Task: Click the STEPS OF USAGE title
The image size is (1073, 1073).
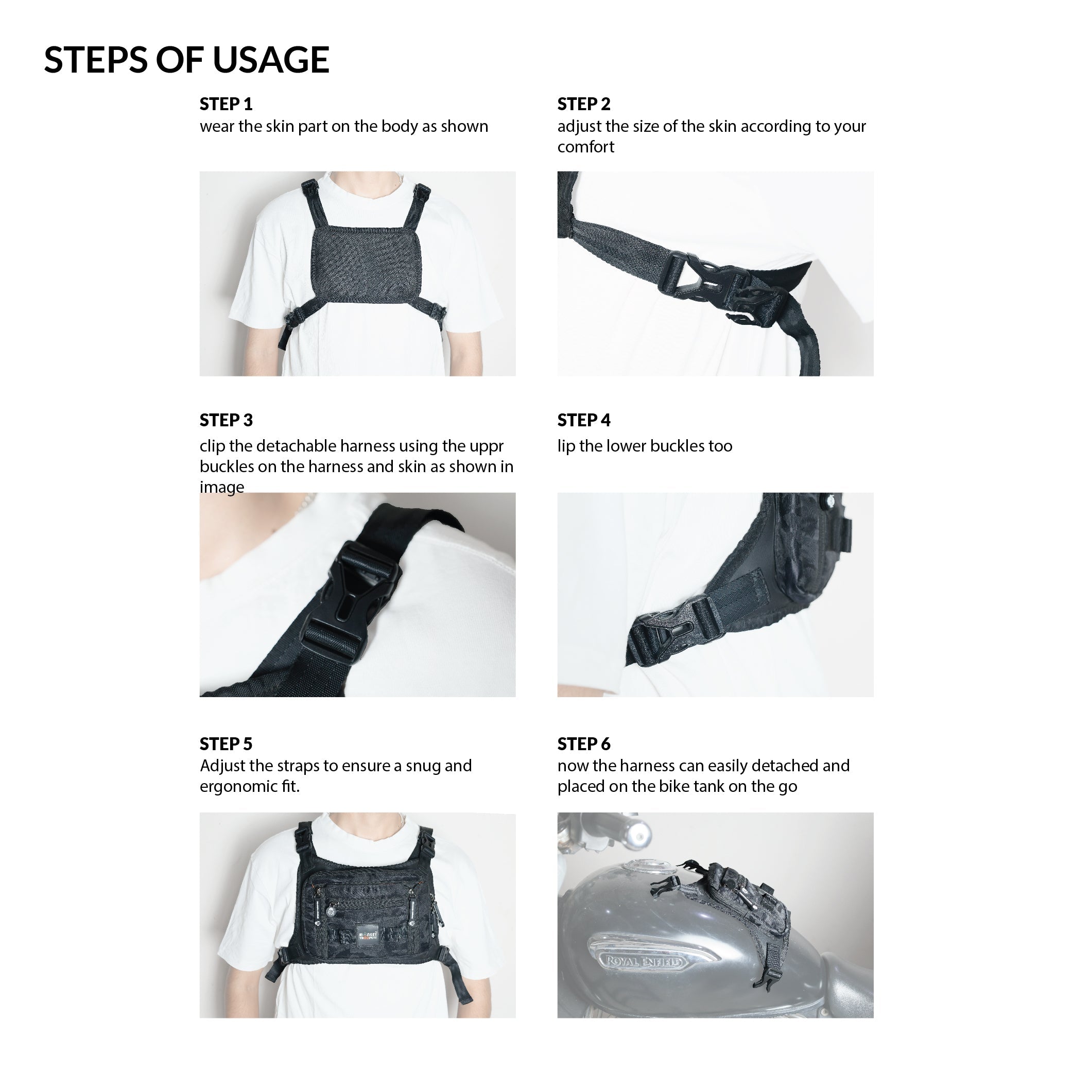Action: coord(186,59)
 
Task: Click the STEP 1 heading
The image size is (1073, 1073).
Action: coord(226,104)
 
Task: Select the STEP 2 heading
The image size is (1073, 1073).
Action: coord(584,104)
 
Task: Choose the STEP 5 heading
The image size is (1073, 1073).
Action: coord(226,743)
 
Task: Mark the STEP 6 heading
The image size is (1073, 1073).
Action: coord(584,743)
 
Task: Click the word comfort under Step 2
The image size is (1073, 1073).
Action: coord(586,147)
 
